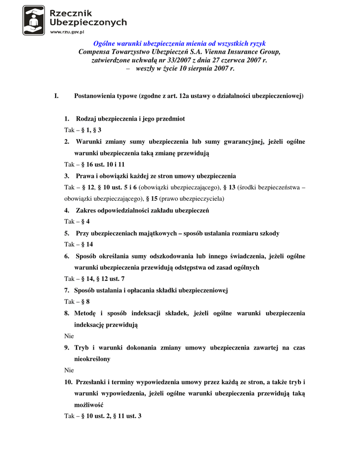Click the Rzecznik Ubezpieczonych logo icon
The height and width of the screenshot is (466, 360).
[x=34, y=20]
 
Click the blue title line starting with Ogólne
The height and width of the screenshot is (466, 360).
[x=179, y=44]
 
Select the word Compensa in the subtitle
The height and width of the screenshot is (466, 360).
[x=95, y=52]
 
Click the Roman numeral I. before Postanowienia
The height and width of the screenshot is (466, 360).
[x=56, y=96]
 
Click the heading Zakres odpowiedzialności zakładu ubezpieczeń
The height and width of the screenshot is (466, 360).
[x=142, y=210]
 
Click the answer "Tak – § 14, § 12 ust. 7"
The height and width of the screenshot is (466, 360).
[x=94, y=279]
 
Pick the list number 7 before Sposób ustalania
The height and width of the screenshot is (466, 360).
[x=66, y=290]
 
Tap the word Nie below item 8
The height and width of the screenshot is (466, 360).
[x=69, y=336]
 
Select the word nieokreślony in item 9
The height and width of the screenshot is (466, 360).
[x=92, y=359]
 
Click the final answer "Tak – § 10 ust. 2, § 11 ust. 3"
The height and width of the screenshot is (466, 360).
[x=102, y=416]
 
